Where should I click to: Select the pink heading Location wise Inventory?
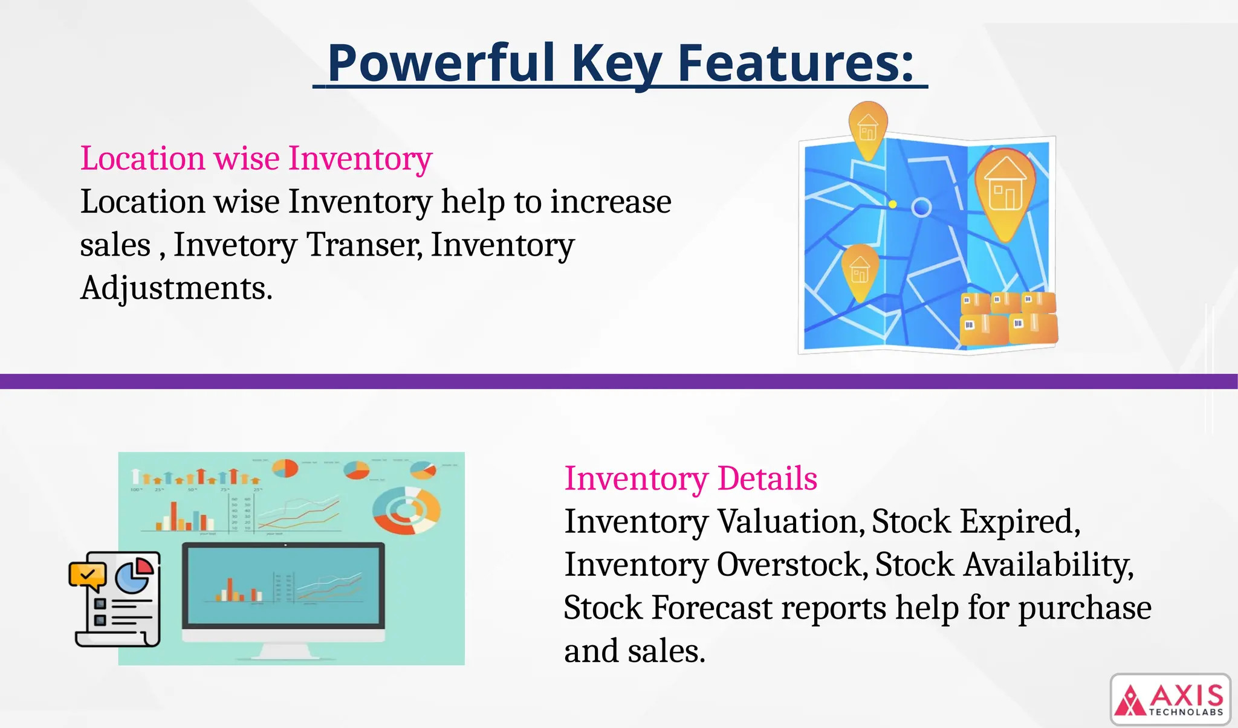(x=256, y=158)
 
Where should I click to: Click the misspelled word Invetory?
(x=236, y=245)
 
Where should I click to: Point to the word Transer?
(x=365, y=245)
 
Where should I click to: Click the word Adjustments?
(x=176, y=288)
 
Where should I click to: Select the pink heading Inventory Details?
(x=690, y=478)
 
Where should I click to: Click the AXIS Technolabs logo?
(x=1170, y=700)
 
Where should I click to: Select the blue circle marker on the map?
(x=921, y=208)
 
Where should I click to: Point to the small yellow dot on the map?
(x=893, y=205)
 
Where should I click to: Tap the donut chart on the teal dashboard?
(x=406, y=511)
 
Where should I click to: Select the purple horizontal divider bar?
(x=619, y=381)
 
